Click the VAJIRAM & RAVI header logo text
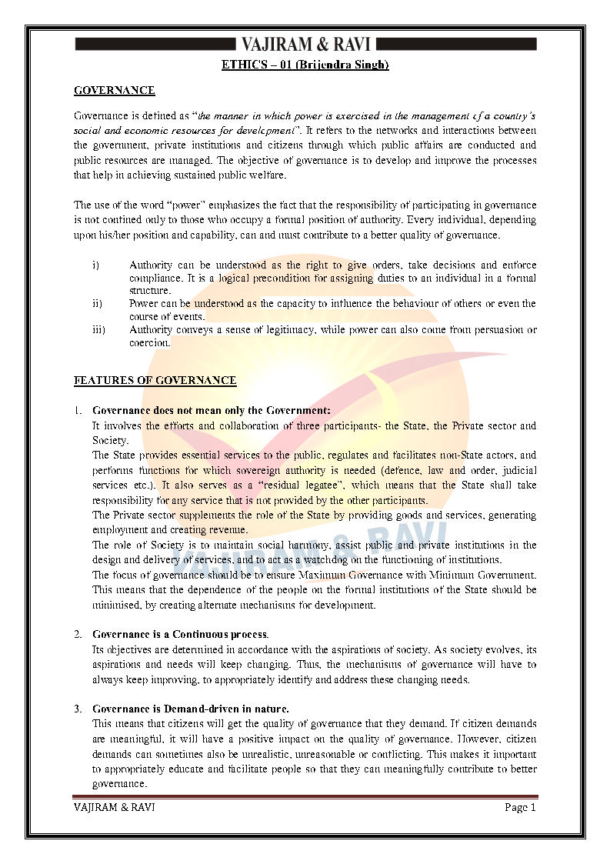tap(305, 43)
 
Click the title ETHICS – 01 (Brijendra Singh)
tap(305, 65)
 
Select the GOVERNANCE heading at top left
tap(114, 91)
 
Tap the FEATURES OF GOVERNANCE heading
tap(155, 381)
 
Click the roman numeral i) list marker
tap(96, 265)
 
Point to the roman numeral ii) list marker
tap(97, 304)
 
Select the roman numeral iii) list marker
tap(98, 330)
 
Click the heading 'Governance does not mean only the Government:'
tap(211, 411)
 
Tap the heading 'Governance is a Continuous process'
tap(180, 635)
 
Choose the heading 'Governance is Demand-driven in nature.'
tap(191, 709)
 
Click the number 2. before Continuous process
tap(78, 635)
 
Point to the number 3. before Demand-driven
tap(78, 709)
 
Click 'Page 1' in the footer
tap(520, 807)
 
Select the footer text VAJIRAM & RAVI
tap(108, 807)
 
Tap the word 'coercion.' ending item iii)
tap(150, 343)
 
